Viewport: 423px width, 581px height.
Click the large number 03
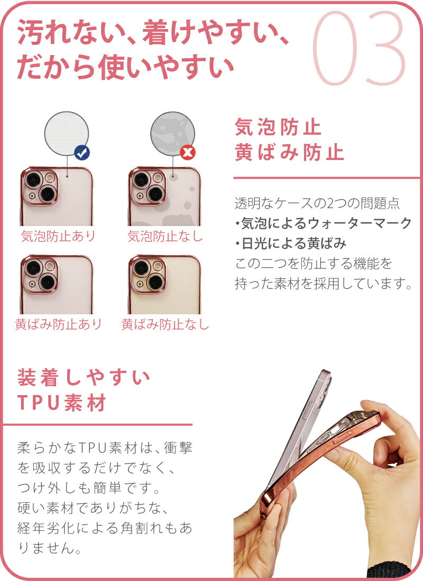(359, 48)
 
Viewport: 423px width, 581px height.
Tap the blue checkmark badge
(81, 152)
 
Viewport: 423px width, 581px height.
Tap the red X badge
(188, 152)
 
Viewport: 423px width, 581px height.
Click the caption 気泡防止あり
(58, 236)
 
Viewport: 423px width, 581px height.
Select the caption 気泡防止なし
(165, 236)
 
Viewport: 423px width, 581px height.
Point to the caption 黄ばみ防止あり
(58, 324)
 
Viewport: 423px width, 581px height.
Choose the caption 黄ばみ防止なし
(165, 324)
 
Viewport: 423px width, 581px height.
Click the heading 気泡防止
(278, 127)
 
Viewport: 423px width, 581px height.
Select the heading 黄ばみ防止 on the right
(289, 152)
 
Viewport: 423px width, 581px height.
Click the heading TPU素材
(62, 402)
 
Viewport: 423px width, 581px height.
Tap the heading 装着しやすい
(84, 378)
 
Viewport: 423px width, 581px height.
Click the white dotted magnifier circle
(67, 134)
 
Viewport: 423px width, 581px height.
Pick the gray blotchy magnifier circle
(172, 134)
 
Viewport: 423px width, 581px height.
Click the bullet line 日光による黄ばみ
(290, 243)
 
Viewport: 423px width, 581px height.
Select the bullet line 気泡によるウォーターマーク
(323, 223)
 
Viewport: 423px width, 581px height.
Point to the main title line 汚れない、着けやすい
(153, 33)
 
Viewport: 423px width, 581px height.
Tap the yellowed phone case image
(164, 285)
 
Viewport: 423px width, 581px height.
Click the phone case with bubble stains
(164, 196)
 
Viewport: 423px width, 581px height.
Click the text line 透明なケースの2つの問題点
(317, 203)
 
